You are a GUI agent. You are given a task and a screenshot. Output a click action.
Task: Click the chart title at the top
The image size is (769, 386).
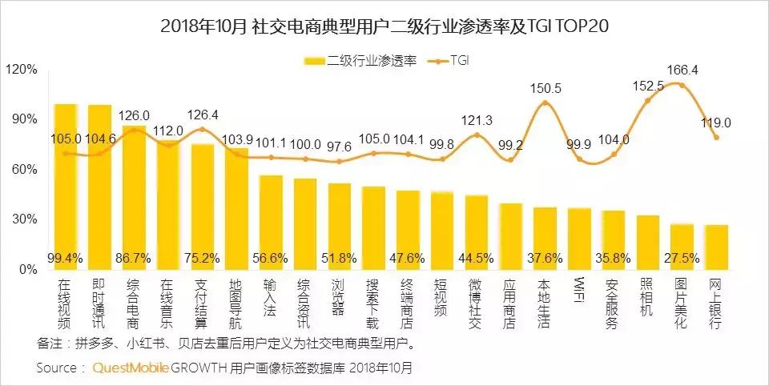tap(384, 26)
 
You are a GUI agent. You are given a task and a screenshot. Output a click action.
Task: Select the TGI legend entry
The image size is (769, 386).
tap(459, 60)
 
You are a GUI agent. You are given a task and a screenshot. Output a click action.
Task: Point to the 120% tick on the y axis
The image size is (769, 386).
tap(22, 70)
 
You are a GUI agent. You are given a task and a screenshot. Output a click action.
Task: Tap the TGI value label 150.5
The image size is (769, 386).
tap(546, 88)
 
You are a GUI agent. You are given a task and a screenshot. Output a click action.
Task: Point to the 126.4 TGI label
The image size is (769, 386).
tap(202, 115)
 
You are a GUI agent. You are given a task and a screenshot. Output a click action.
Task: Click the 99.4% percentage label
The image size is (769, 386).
tap(65, 258)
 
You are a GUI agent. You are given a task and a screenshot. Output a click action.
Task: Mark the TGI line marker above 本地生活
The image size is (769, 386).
tap(546, 103)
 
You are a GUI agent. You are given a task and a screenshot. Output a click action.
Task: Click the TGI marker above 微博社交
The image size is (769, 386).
tap(477, 135)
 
